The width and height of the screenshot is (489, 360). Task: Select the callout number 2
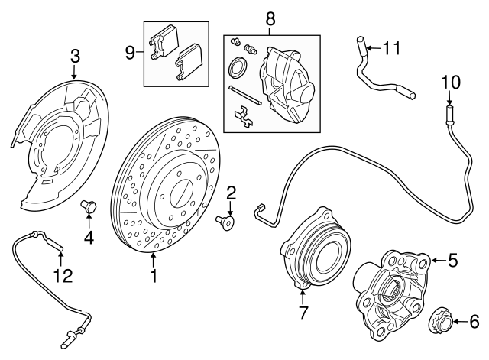tap(231, 193)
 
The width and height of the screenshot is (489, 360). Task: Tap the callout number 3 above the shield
tap(75, 56)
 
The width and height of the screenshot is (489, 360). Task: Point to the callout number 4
tap(89, 238)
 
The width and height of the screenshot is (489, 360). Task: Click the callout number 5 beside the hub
tap(452, 261)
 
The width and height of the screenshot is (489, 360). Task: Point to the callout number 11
tap(392, 49)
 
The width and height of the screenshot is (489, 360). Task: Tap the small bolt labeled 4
tap(88, 206)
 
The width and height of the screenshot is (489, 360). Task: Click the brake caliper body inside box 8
tap(290, 84)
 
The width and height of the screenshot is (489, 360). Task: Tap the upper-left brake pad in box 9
tap(163, 44)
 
